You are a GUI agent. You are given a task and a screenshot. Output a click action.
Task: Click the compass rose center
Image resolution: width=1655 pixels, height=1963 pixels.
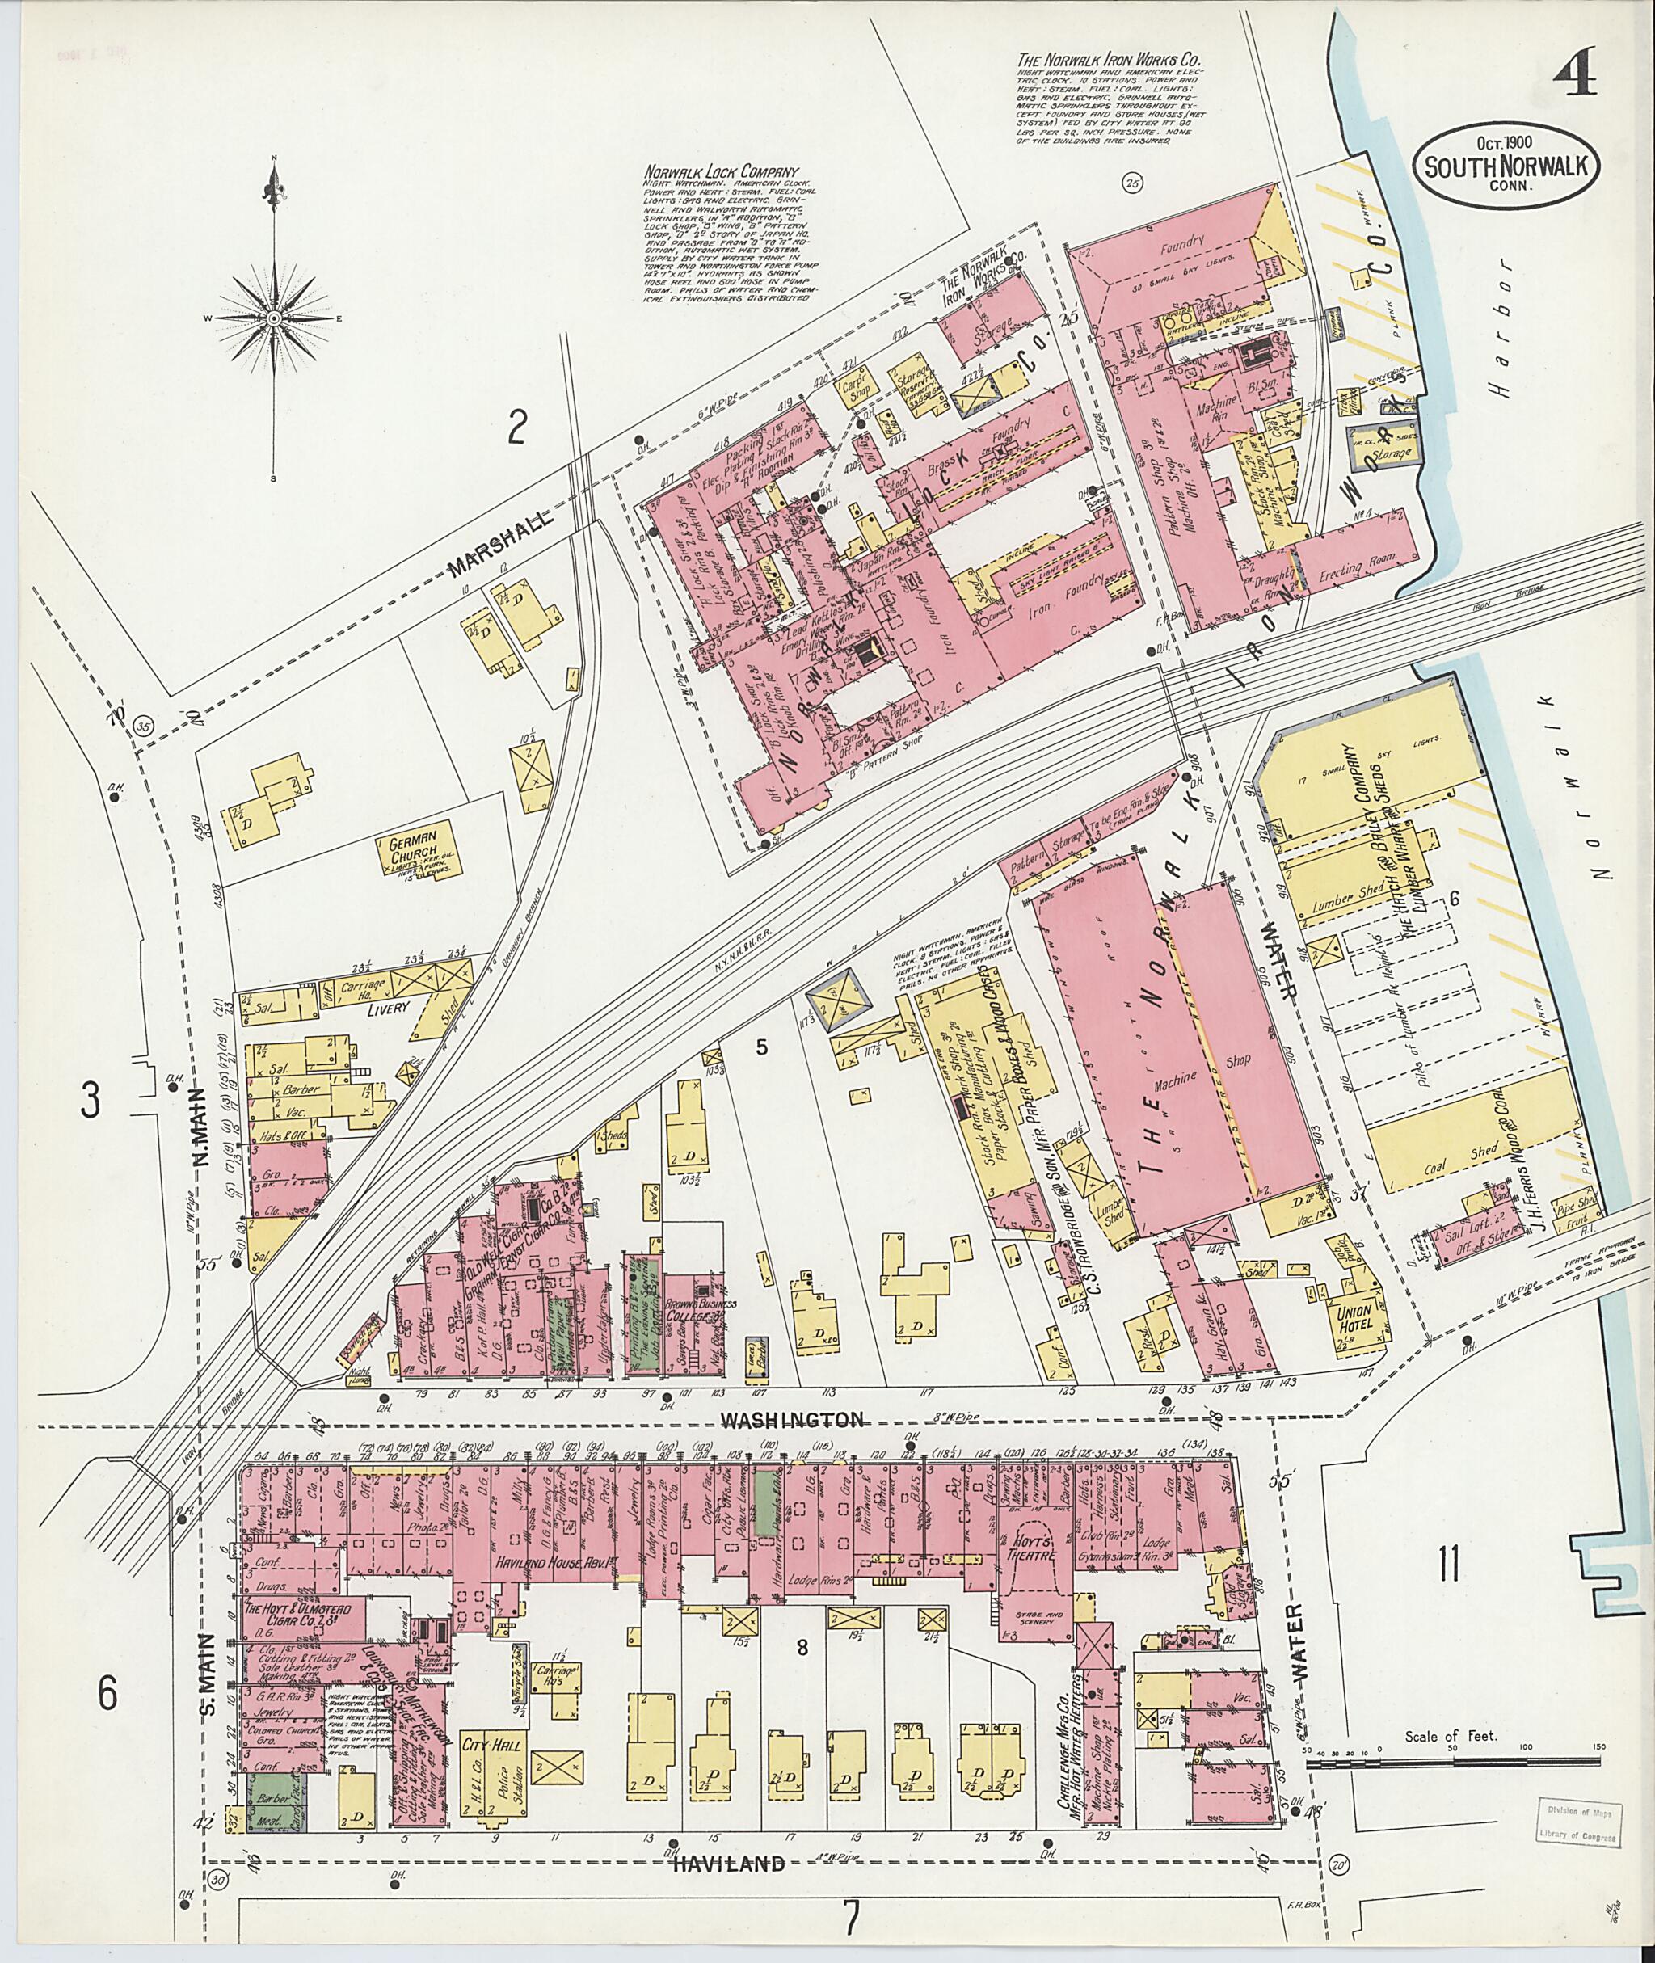[274, 319]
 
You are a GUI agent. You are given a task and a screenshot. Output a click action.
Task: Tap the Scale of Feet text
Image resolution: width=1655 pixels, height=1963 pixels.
[1451, 1737]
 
